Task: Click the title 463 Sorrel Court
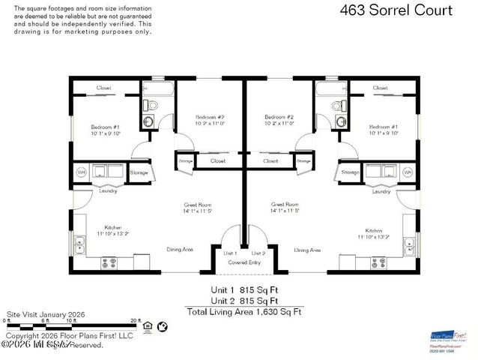click(x=396, y=10)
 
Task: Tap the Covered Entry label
click(x=244, y=262)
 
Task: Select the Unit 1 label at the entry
click(x=231, y=253)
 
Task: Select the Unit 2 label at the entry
click(x=258, y=253)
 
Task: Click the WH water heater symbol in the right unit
click(x=408, y=172)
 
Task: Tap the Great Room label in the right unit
click(x=285, y=204)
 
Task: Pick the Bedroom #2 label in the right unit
click(x=279, y=118)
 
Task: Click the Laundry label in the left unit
click(x=108, y=191)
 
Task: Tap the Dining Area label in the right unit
click(x=307, y=250)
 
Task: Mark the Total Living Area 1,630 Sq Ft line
click(x=244, y=310)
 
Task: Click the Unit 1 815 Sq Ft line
click(x=244, y=289)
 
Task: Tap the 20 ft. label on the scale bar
click(x=134, y=320)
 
